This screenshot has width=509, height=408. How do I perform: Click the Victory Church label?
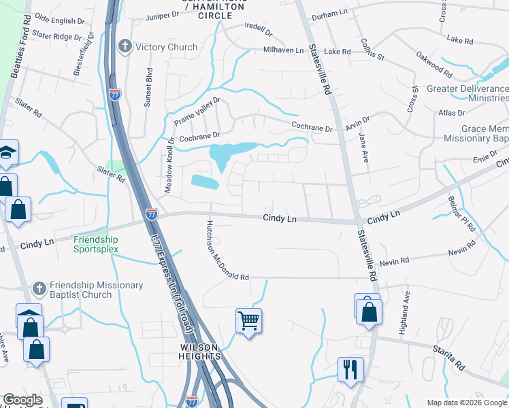click(166, 47)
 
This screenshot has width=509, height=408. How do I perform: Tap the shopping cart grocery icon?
click(248, 320)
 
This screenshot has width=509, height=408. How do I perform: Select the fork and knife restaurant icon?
click(350, 369)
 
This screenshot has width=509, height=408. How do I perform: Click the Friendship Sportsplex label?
click(96, 244)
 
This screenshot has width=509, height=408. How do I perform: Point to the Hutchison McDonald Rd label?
click(227, 251)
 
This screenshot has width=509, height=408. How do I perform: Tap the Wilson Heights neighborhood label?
click(199, 351)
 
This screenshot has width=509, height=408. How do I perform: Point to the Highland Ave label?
click(406, 311)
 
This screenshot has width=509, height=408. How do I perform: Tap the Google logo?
click(22, 400)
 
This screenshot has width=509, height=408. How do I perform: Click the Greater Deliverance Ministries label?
click(467, 93)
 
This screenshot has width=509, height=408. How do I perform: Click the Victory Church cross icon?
click(124, 46)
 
